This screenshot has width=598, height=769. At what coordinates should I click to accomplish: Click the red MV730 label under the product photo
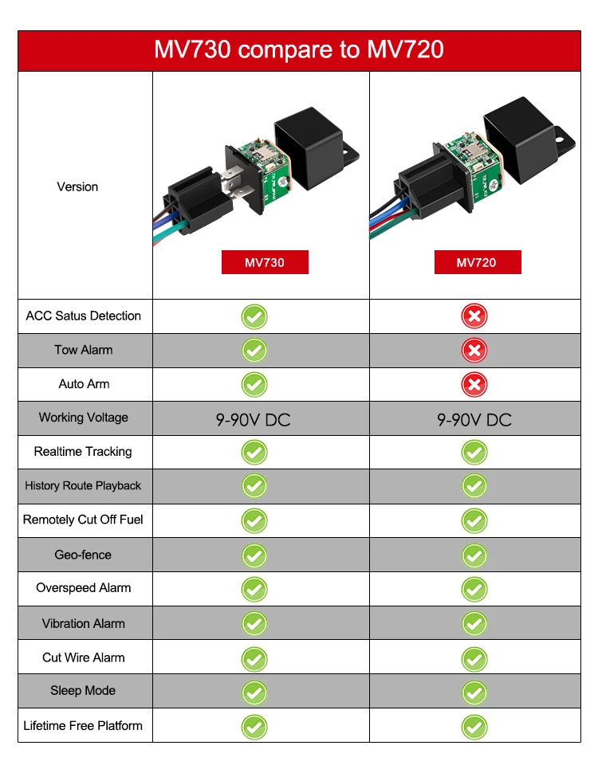pyautogui.click(x=264, y=262)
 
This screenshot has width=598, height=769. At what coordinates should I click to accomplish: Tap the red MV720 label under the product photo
pyautogui.click(x=477, y=262)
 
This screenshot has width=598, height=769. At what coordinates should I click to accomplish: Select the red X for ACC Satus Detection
pyautogui.click(x=474, y=316)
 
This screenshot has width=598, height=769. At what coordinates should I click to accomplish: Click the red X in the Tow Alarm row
pyautogui.click(x=474, y=350)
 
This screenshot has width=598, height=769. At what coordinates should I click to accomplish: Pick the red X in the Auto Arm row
pyautogui.click(x=474, y=384)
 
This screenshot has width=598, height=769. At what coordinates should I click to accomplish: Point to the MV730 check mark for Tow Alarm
pyautogui.click(x=254, y=350)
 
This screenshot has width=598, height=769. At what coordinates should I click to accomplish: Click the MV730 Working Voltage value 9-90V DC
pyautogui.click(x=253, y=419)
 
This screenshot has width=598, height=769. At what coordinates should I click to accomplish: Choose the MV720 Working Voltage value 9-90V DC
pyautogui.click(x=474, y=419)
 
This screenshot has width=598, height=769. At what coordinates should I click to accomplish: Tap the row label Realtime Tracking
pyautogui.click(x=83, y=452)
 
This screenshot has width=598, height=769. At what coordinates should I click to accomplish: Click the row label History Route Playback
pyautogui.click(x=83, y=485)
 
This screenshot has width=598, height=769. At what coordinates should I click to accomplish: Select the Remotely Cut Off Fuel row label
pyautogui.click(x=83, y=520)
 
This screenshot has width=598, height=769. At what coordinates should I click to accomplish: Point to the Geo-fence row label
pyautogui.click(x=83, y=555)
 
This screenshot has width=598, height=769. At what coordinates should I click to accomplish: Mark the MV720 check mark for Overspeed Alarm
pyautogui.click(x=474, y=589)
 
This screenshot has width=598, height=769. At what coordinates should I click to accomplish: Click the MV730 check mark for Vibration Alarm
pyautogui.click(x=254, y=623)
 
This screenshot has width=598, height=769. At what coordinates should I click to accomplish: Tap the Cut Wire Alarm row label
pyautogui.click(x=83, y=657)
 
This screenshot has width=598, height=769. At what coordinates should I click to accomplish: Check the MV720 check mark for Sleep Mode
pyautogui.click(x=474, y=692)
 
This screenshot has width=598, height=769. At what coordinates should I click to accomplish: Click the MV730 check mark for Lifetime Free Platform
pyautogui.click(x=254, y=726)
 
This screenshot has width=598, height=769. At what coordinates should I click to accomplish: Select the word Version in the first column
pyautogui.click(x=77, y=186)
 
